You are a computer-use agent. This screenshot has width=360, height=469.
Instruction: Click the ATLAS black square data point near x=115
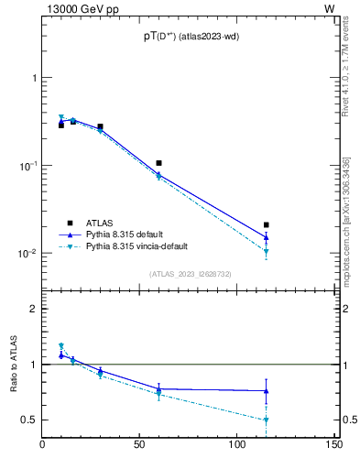pyautogui.click(x=267, y=224)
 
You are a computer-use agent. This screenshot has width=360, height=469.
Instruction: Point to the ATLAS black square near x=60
pyautogui.click(x=159, y=163)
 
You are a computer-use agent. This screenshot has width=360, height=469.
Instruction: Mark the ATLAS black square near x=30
pyautogui.click(x=101, y=126)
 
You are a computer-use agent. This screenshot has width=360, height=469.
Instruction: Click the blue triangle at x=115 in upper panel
pyautogui.click(x=267, y=237)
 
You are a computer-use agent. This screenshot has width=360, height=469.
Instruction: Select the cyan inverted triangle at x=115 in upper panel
pyautogui.click(x=267, y=251)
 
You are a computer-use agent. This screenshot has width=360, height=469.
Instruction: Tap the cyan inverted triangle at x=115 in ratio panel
pyautogui.click(x=267, y=420)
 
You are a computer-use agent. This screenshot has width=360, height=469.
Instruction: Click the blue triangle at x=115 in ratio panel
pyautogui.click(x=267, y=391)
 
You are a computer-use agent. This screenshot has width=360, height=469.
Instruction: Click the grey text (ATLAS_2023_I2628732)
pyautogui.click(x=190, y=274)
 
